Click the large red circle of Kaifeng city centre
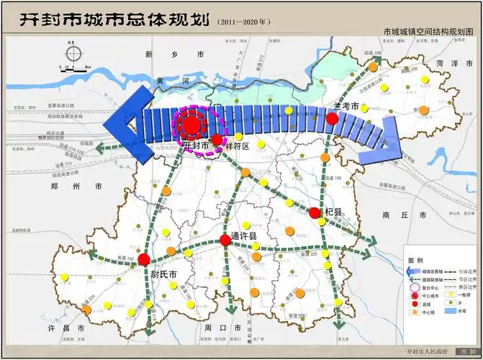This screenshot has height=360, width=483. (191, 125)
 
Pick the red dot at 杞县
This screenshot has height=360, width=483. (315, 212)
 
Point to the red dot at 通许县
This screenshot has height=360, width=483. (225, 240)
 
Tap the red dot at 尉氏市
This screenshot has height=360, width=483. (144, 258)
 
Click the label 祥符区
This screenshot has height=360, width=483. (236, 146)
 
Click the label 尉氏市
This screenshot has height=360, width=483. (164, 274)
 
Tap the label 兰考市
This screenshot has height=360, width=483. (345, 107)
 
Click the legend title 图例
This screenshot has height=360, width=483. (415, 260)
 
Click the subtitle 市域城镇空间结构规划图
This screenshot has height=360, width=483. (430, 32)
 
